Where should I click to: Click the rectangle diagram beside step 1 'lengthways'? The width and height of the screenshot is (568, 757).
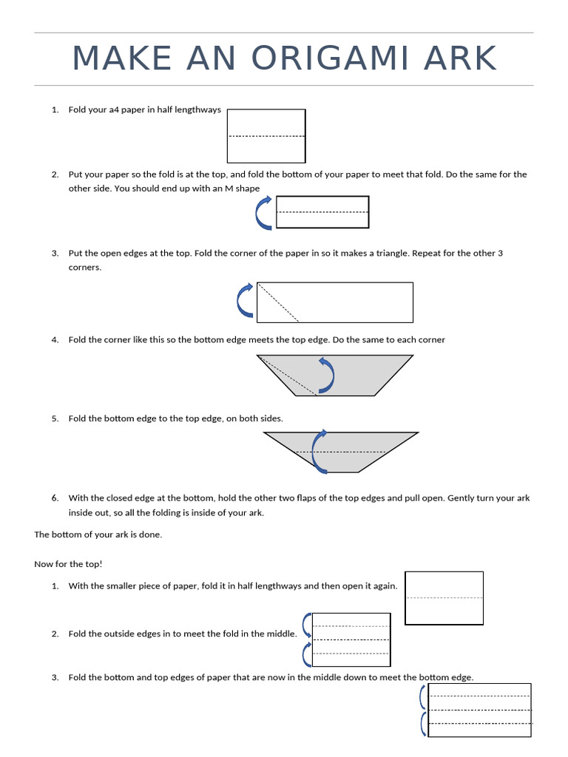[266, 136]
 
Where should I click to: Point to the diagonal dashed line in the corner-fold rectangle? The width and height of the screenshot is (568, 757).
[278, 302]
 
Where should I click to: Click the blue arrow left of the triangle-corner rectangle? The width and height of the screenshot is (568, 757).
[245, 300]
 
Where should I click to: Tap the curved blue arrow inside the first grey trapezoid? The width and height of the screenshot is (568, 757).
[326, 375]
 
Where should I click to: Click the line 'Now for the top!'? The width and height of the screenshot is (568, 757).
[68, 564]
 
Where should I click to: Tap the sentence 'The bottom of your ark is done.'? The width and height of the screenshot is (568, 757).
[98, 534]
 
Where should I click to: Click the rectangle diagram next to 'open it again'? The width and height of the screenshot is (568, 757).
[444, 597]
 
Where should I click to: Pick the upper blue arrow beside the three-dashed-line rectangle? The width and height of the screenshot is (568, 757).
[307, 625]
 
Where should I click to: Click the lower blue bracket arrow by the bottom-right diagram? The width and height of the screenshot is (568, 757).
[422, 723]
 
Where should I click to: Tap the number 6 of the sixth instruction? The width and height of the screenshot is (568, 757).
[55, 498]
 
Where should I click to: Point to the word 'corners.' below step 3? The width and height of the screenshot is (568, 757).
[85, 268]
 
